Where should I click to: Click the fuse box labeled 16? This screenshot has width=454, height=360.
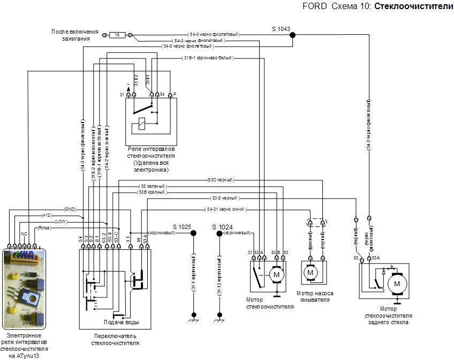point(117,35)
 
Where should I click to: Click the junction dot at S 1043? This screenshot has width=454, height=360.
point(292,35)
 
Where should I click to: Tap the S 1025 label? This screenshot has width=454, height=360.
point(182,227)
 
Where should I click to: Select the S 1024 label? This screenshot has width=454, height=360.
point(221,227)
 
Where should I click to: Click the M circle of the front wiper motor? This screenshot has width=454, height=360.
point(276,274)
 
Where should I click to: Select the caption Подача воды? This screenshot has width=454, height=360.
point(121,323)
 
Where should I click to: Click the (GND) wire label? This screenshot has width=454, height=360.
point(70,209)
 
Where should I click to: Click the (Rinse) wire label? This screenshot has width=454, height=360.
point(45,228)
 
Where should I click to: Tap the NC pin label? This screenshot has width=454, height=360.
point(24,234)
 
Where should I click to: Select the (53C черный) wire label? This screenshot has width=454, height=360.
point(221,180)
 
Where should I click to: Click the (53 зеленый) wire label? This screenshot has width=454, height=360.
point(153,186)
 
